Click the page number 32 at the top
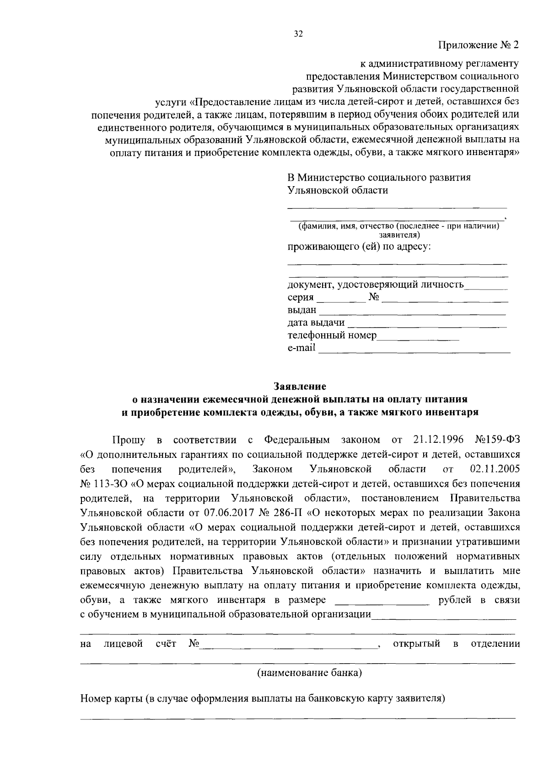click(298, 34)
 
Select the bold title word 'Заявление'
click(300, 386)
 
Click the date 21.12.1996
click(438, 440)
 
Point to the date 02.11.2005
click(495, 469)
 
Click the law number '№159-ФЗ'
click(497, 440)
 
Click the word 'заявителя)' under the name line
click(399, 235)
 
